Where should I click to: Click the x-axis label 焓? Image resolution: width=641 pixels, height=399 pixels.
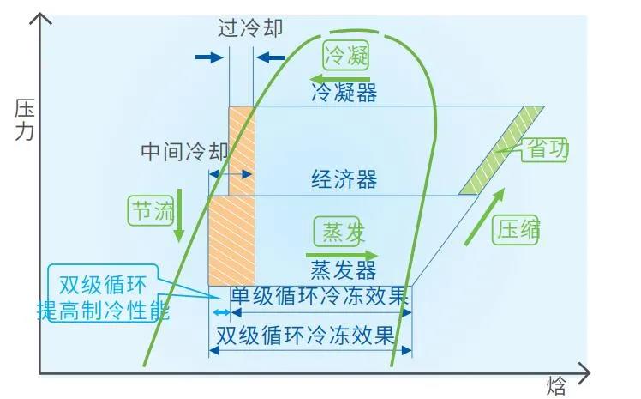tap(557, 384)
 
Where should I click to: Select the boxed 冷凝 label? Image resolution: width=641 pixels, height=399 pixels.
tap(347, 57)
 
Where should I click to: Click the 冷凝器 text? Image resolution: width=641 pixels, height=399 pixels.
tap(344, 92)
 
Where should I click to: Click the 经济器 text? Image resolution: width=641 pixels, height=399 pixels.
tap(344, 180)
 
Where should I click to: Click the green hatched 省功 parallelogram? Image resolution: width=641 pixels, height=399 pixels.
tap(501, 150)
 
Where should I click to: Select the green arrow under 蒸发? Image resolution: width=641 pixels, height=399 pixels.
tap(342, 255)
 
